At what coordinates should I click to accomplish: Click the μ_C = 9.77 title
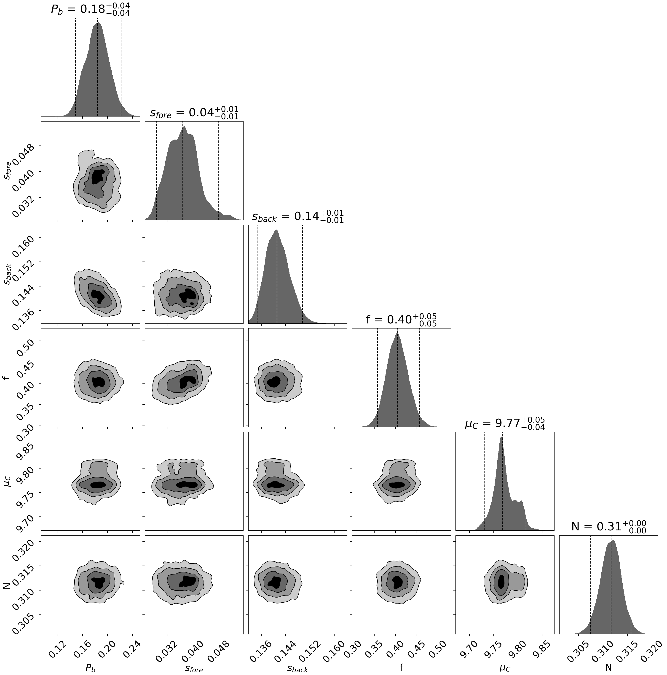coord(505,424)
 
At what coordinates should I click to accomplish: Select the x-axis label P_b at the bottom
coord(90,668)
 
